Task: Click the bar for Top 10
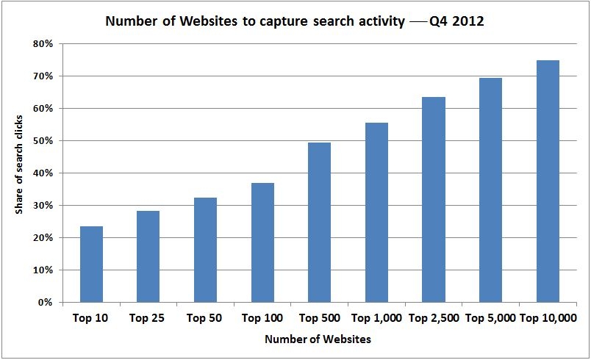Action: click(91, 264)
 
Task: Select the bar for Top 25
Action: click(148, 256)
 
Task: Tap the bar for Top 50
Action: click(205, 250)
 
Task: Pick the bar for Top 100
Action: click(262, 242)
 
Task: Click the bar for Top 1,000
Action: click(376, 212)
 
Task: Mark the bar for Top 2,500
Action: click(434, 199)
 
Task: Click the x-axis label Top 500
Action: click(319, 318)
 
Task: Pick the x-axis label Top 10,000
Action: click(548, 318)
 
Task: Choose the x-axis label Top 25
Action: click(148, 318)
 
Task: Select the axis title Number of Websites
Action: click(318, 339)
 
